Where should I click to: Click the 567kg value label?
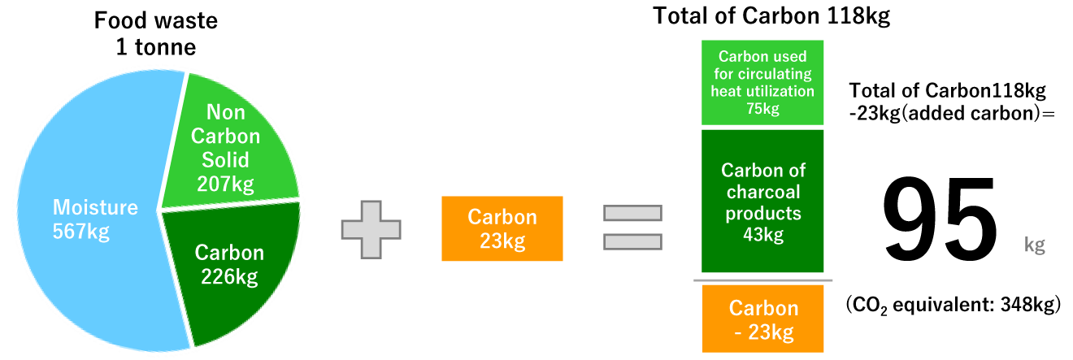[81, 232]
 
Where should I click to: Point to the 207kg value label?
[225, 184]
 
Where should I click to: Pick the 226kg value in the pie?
[229, 277]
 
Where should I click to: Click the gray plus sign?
[371, 229]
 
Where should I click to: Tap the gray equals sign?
[632, 228]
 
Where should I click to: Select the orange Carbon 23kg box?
[502, 228]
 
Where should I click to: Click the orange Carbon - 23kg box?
[763, 319]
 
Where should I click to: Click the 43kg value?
[763, 236]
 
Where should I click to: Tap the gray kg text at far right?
[1034, 245]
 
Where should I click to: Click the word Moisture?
[95, 207]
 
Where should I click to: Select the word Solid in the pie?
[226, 159]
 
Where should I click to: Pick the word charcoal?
[763, 193]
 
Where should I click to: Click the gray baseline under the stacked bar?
[763, 280]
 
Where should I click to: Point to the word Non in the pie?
[226, 112]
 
